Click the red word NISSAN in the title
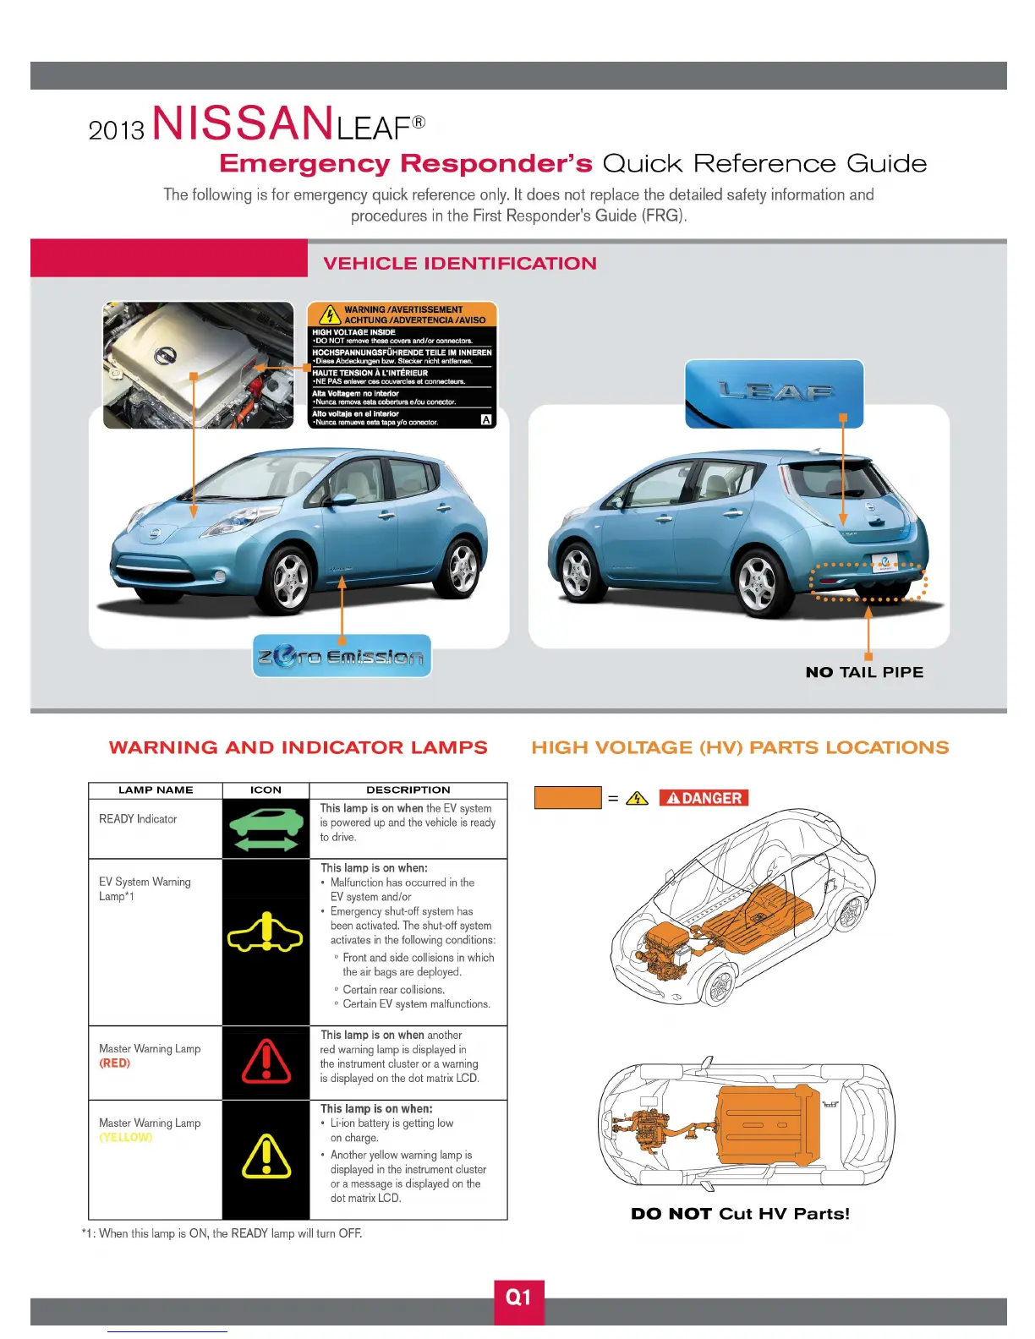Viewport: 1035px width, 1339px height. [242, 123]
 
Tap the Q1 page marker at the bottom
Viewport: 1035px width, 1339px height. [518, 1298]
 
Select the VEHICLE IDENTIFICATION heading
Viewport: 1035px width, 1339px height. [459, 263]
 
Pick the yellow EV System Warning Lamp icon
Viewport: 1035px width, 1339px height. [266, 933]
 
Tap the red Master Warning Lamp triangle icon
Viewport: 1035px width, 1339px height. [266, 1063]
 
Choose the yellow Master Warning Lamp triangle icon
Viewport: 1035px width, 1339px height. [266, 1156]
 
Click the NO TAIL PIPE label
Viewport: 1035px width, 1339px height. [864, 672]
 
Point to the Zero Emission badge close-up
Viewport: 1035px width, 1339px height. [342, 656]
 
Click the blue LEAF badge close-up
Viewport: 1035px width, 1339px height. [774, 393]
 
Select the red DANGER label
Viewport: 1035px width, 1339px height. [704, 798]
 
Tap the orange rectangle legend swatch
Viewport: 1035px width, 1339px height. [567, 798]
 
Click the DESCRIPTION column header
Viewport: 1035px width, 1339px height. [408, 790]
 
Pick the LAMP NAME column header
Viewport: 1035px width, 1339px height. [156, 790]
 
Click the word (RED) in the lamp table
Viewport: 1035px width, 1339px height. [115, 1063]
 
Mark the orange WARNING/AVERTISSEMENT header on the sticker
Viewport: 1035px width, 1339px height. [402, 314]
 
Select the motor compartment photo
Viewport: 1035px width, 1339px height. [198, 364]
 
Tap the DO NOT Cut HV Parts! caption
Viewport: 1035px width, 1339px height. [740, 1213]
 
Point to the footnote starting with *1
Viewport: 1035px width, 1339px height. [222, 1233]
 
